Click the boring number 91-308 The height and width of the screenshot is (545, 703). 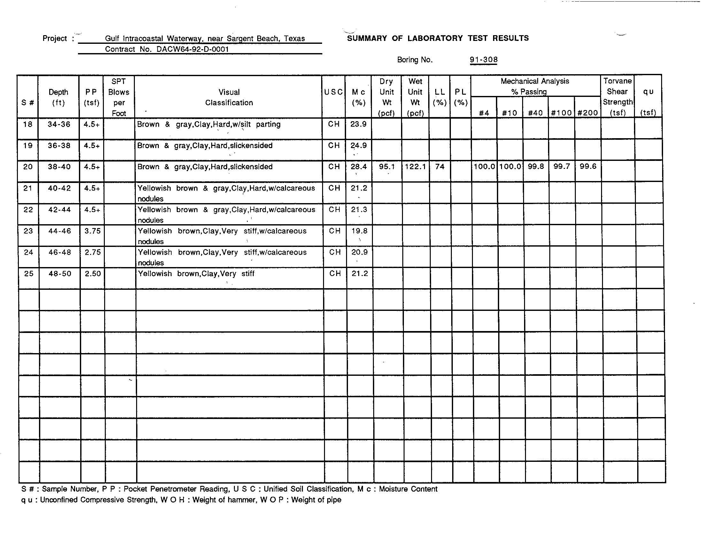(483, 59)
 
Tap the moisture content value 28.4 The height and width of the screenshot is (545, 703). (359, 167)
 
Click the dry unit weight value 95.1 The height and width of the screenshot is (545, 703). (387, 167)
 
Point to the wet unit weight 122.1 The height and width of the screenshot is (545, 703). (415, 167)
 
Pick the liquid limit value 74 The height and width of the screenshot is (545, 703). (440, 167)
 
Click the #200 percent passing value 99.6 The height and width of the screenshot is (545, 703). (588, 166)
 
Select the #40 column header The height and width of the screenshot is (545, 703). (535, 113)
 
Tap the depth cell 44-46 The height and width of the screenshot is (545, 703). (59, 231)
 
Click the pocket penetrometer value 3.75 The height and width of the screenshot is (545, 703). (93, 231)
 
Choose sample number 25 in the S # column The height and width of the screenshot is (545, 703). (29, 273)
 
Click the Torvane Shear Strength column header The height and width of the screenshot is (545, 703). (617, 97)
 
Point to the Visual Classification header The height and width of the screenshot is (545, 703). (229, 97)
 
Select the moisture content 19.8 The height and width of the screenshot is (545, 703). (359, 231)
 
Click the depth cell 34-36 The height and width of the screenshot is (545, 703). (59, 124)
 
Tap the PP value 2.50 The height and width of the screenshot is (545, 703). (93, 273)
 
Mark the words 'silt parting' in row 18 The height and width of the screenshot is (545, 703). (259, 124)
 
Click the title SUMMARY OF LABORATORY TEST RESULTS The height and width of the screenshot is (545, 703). (438, 38)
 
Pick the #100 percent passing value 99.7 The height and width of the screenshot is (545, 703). (562, 166)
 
